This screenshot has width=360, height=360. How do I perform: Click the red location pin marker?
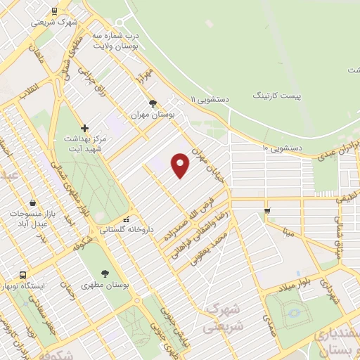[x=181, y=165]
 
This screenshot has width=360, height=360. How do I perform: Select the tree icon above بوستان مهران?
[x=153, y=103]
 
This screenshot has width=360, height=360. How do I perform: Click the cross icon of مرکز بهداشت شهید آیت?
[x=85, y=128]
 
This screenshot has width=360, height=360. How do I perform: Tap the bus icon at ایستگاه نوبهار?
[x=23, y=275]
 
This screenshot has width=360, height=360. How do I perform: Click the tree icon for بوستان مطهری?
[x=105, y=274]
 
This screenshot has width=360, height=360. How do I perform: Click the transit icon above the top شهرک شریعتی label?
[x=55, y=11]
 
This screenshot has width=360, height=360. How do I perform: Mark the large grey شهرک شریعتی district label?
[x=221, y=318]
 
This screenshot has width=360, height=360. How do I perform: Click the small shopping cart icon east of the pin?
[x=266, y=210]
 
